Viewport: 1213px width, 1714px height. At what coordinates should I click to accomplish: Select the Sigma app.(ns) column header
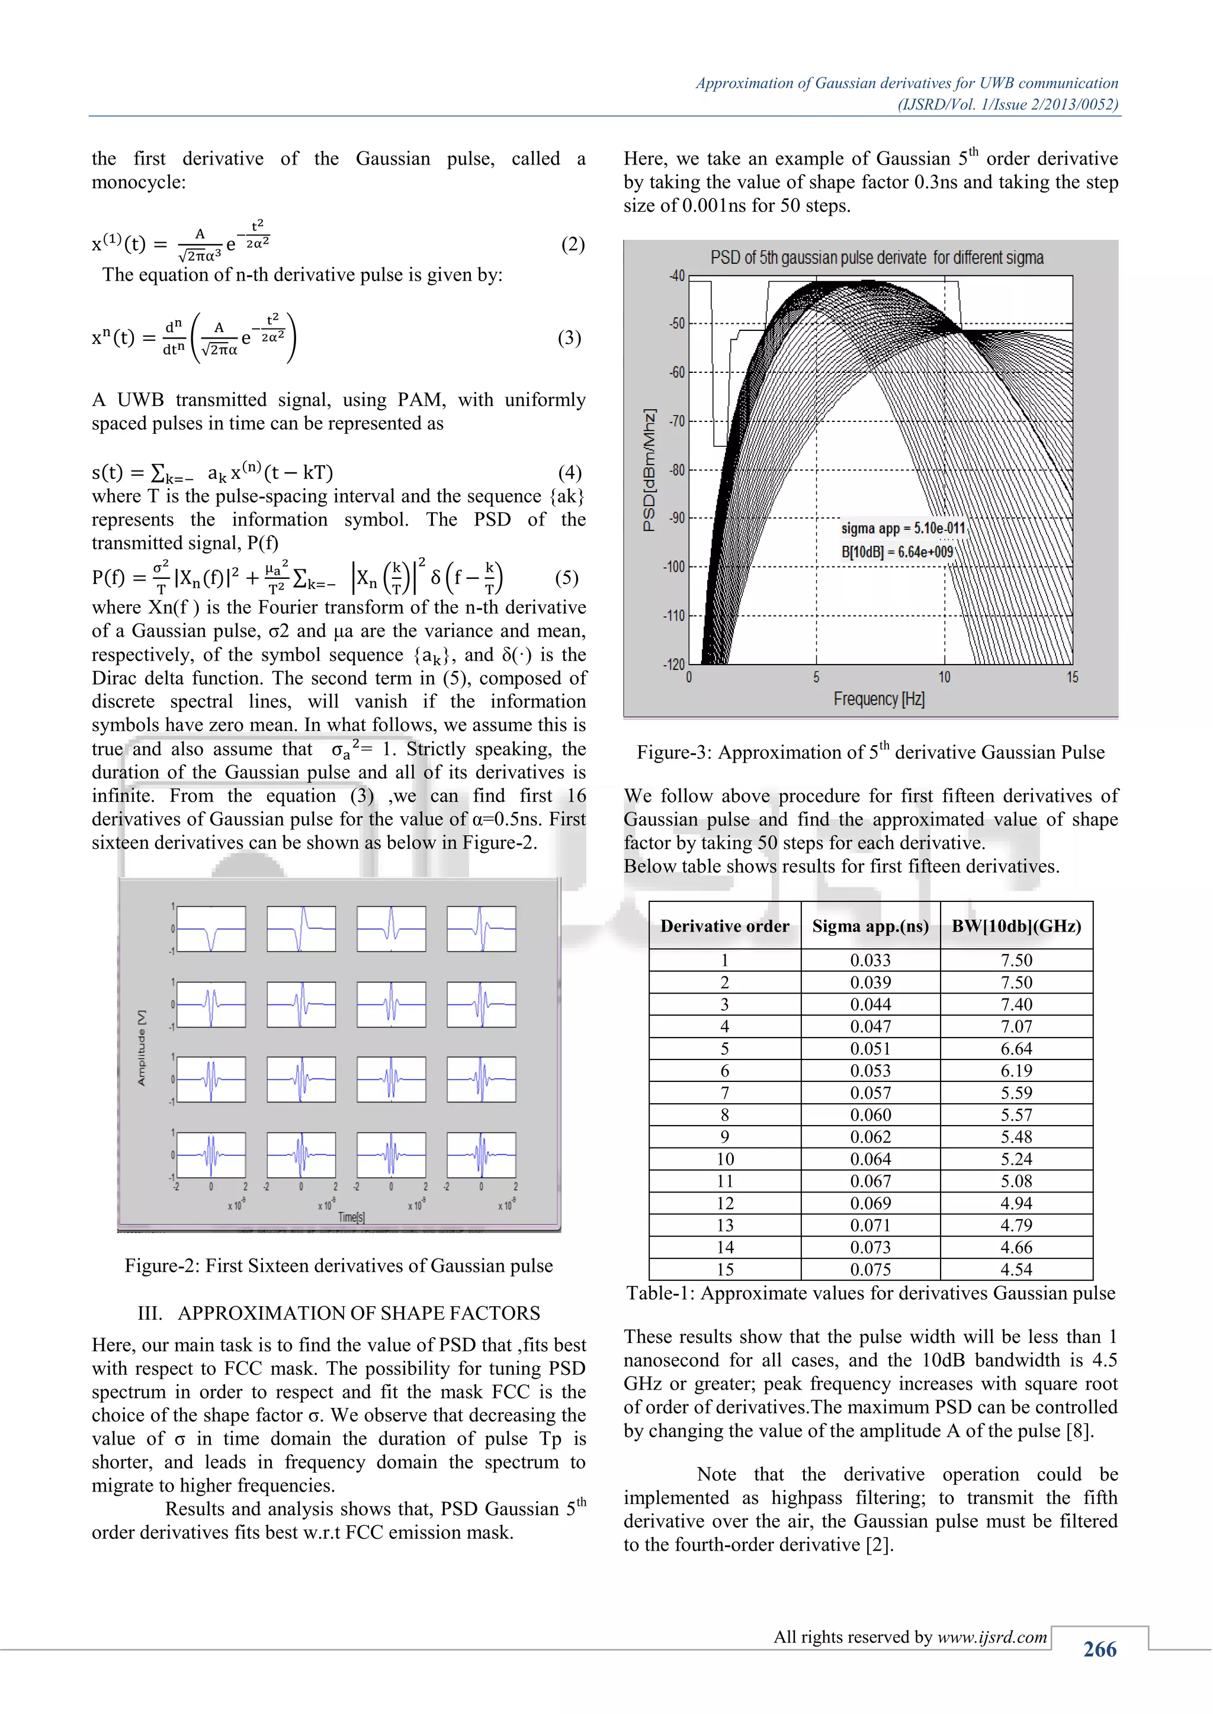point(870,926)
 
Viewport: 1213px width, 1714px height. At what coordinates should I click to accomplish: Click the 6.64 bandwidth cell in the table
point(1016,1048)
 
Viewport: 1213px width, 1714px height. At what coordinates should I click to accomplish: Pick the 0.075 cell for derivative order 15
point(870,1269)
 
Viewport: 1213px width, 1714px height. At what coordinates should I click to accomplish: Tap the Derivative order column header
point(724,926)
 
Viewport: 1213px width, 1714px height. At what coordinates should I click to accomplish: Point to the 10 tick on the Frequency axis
point(944,677)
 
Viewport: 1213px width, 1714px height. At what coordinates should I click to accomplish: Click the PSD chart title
point(877,257)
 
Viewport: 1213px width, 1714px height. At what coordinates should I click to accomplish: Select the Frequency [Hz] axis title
point(878,699)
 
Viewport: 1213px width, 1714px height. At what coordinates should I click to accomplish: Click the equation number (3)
point(569,337)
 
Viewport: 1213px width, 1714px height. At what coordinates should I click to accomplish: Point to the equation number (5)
point(566,577)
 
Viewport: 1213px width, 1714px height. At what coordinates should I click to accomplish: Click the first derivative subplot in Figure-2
point(211,929)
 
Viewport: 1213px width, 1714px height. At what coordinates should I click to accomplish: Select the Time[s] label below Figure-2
point(351,1217)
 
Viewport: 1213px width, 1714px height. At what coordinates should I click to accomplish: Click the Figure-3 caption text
point(870,752)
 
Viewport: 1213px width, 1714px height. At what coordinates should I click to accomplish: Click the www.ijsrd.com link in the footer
point(992,1636)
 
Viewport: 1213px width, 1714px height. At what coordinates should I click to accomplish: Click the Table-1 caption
point(870,1293)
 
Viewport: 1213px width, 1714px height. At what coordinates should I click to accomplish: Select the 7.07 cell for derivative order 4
point(1016,1026)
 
